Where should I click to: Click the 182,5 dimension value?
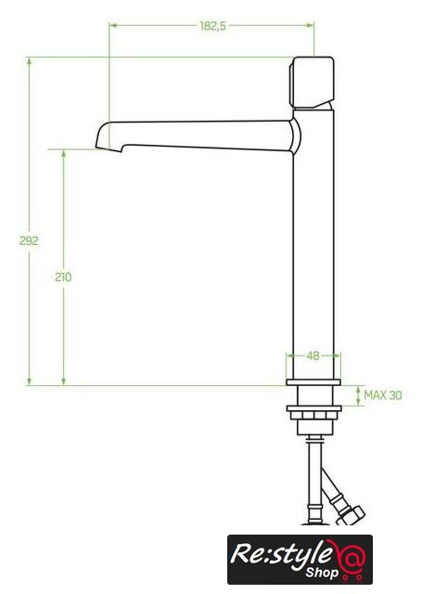tap(212, 26)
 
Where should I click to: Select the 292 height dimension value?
tap(29, 240)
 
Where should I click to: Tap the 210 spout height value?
tap(63, 278)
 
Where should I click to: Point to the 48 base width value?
tap(313, 355)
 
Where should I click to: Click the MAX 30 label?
tap(383, 395)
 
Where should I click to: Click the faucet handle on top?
tap(312, 83)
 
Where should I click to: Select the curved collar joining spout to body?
tap(296, 136)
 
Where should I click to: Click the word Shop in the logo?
tap(321, 574)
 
